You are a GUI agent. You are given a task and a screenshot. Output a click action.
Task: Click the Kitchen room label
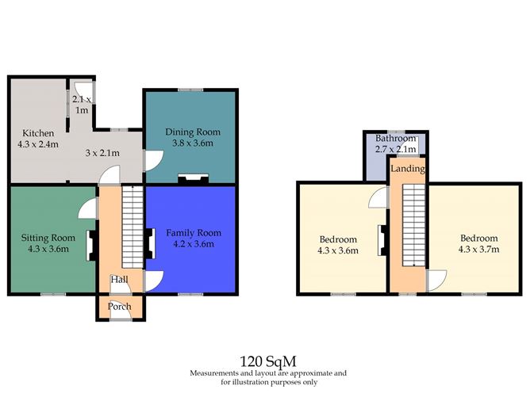pos(38,133)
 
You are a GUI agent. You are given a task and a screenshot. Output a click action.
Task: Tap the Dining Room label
pos(193,132)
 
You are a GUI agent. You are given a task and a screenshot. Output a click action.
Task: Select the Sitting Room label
pos(48,238)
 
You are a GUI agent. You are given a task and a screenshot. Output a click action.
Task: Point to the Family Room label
pos(194,233)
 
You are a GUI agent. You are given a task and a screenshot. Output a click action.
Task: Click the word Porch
pos(119,307)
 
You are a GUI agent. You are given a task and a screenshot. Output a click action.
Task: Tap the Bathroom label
pos(395,138)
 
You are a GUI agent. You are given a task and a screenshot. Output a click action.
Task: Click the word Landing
pos(408,169)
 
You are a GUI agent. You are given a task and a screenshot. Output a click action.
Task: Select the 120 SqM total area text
pos(268,361)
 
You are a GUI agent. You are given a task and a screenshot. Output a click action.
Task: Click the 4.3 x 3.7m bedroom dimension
pos(478,249)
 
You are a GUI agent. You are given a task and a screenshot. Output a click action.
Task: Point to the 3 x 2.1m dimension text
pos(102,153)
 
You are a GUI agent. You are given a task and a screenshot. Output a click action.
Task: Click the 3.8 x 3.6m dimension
pos(193,143)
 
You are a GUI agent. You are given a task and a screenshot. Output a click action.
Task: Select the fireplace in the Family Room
pos(151,243)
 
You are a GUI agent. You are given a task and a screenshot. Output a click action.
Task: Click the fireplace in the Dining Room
pos(193,179)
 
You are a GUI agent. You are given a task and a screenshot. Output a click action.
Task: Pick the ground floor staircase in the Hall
pos(132,227)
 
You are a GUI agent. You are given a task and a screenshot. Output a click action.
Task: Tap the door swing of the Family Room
pos(154,281)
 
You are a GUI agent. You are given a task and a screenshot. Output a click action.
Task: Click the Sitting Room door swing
pos(87,208)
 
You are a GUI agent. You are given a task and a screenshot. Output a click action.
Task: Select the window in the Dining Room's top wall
pos(190,90)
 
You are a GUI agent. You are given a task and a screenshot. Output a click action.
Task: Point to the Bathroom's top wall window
pos(396,132)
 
